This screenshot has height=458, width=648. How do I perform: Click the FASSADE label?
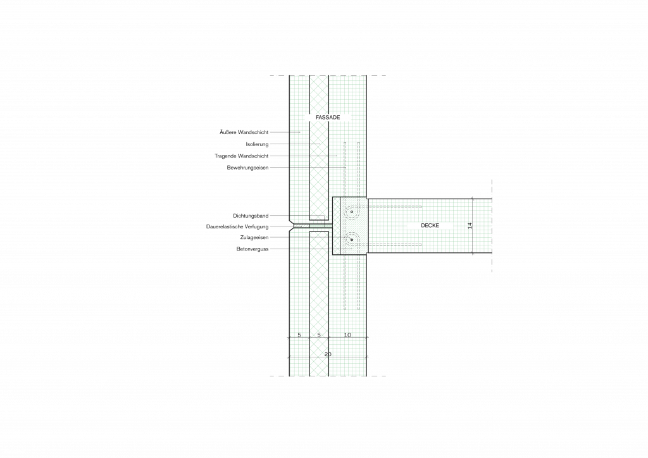pos(328,117)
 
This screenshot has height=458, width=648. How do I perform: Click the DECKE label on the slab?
pos(430,225)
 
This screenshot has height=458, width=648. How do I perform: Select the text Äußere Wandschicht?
pos(244,133)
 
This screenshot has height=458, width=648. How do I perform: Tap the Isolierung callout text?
pos(257,144)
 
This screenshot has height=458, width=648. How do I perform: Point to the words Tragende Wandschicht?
pos(241,156)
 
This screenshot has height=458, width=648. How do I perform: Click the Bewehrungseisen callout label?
pos(247,168)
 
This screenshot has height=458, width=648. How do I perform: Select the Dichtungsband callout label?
pos(251,216)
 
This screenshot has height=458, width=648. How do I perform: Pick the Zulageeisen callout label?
pos(254,237)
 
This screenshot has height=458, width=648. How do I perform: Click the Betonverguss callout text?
pos(252,249)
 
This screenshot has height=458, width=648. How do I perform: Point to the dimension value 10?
pos(347,335)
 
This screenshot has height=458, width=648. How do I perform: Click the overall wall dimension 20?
pos(328,354)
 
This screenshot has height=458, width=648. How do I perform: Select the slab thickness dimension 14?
pos(470,225)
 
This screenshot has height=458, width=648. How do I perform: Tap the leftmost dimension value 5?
pos(299,335)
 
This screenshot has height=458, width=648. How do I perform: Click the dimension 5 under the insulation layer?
pos(319,335)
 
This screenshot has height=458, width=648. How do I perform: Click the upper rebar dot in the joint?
pos(352,212)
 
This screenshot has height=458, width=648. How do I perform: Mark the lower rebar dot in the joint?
pos(352,240)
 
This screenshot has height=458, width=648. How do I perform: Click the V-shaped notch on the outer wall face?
pos(291,226)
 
